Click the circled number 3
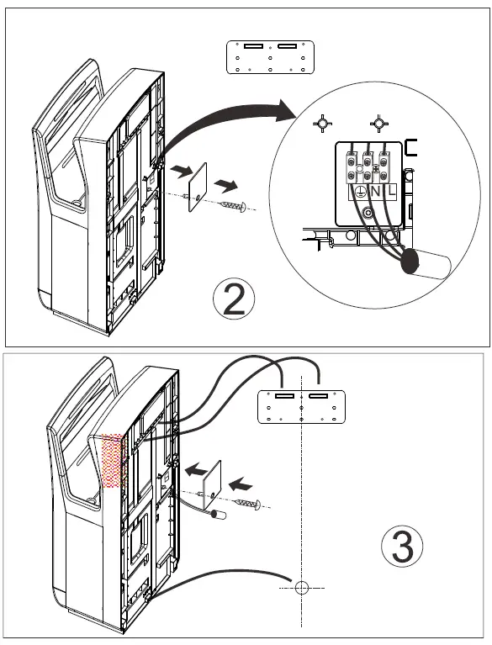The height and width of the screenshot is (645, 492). pos(402,547)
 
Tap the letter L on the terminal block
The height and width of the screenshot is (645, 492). pos(392,193)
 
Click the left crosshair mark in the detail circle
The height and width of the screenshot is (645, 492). pos(320,124)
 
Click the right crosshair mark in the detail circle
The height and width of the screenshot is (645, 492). pos(379,124)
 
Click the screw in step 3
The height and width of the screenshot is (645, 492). pos(250,504)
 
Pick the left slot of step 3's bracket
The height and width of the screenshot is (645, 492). pos(283,394)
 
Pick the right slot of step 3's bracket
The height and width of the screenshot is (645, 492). pos(320,394)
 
